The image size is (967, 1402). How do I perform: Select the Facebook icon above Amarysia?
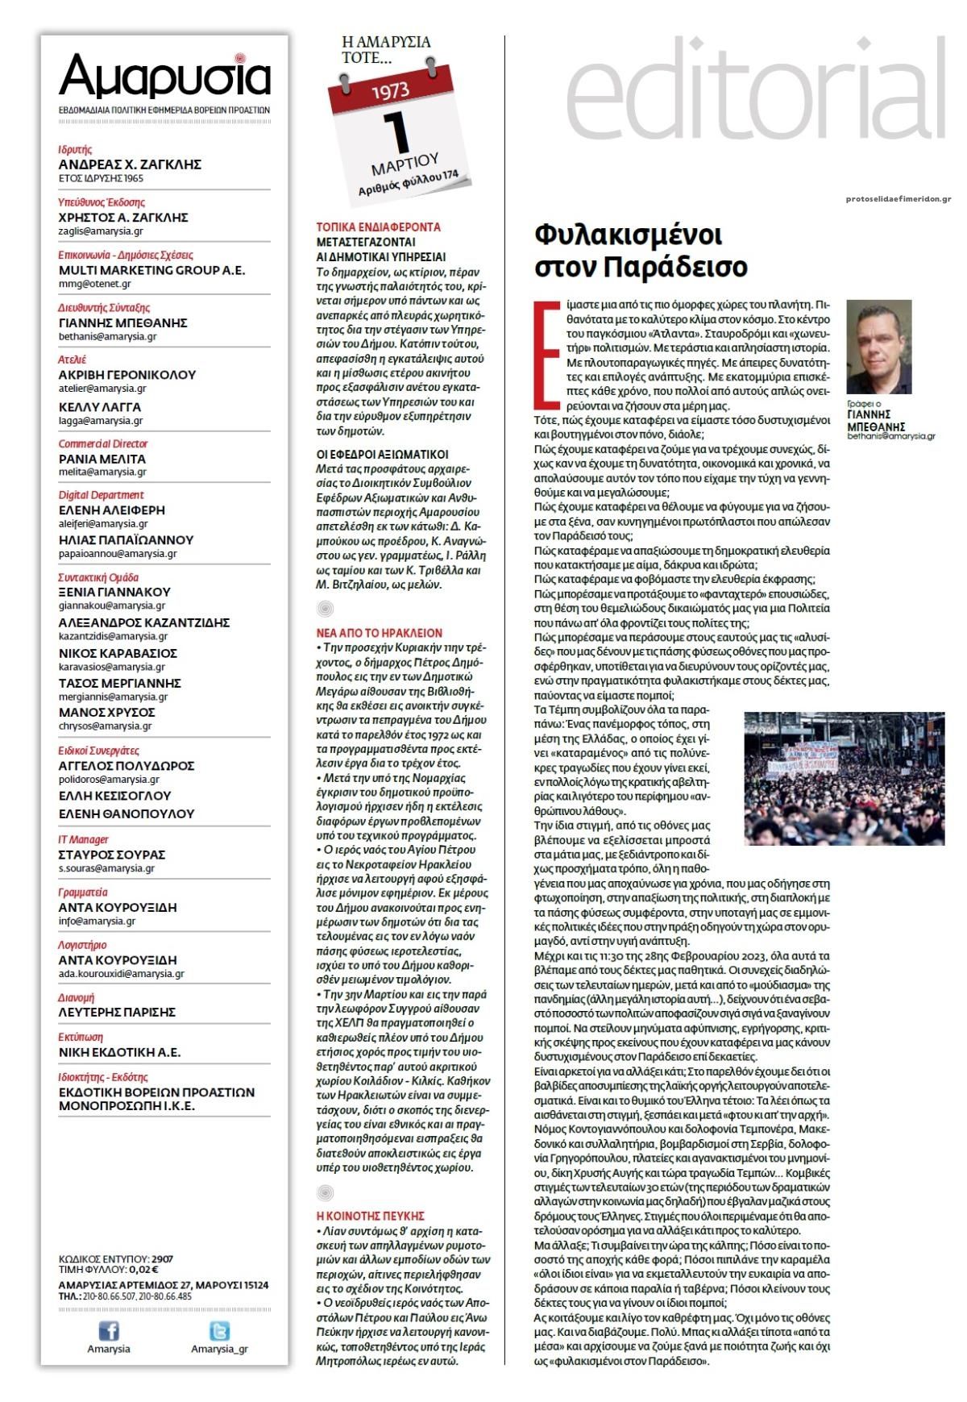108,1330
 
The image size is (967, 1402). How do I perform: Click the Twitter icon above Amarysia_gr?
219,1330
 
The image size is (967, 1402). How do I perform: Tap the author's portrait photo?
878,347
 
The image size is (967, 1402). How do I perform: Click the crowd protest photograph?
844,778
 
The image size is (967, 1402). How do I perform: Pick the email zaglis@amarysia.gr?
101,231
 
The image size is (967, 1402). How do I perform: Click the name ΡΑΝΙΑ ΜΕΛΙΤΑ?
102,459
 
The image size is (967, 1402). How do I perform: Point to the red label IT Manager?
83,839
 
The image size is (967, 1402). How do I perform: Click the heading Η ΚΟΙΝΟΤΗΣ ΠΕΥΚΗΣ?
371,1216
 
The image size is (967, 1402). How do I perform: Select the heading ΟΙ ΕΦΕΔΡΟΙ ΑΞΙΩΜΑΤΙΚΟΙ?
383,455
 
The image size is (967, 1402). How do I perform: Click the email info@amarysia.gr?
97,921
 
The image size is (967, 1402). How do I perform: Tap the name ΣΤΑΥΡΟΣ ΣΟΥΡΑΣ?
112,855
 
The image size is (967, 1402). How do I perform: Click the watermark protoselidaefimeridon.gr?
898,199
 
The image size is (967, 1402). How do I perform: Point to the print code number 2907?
162,1258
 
